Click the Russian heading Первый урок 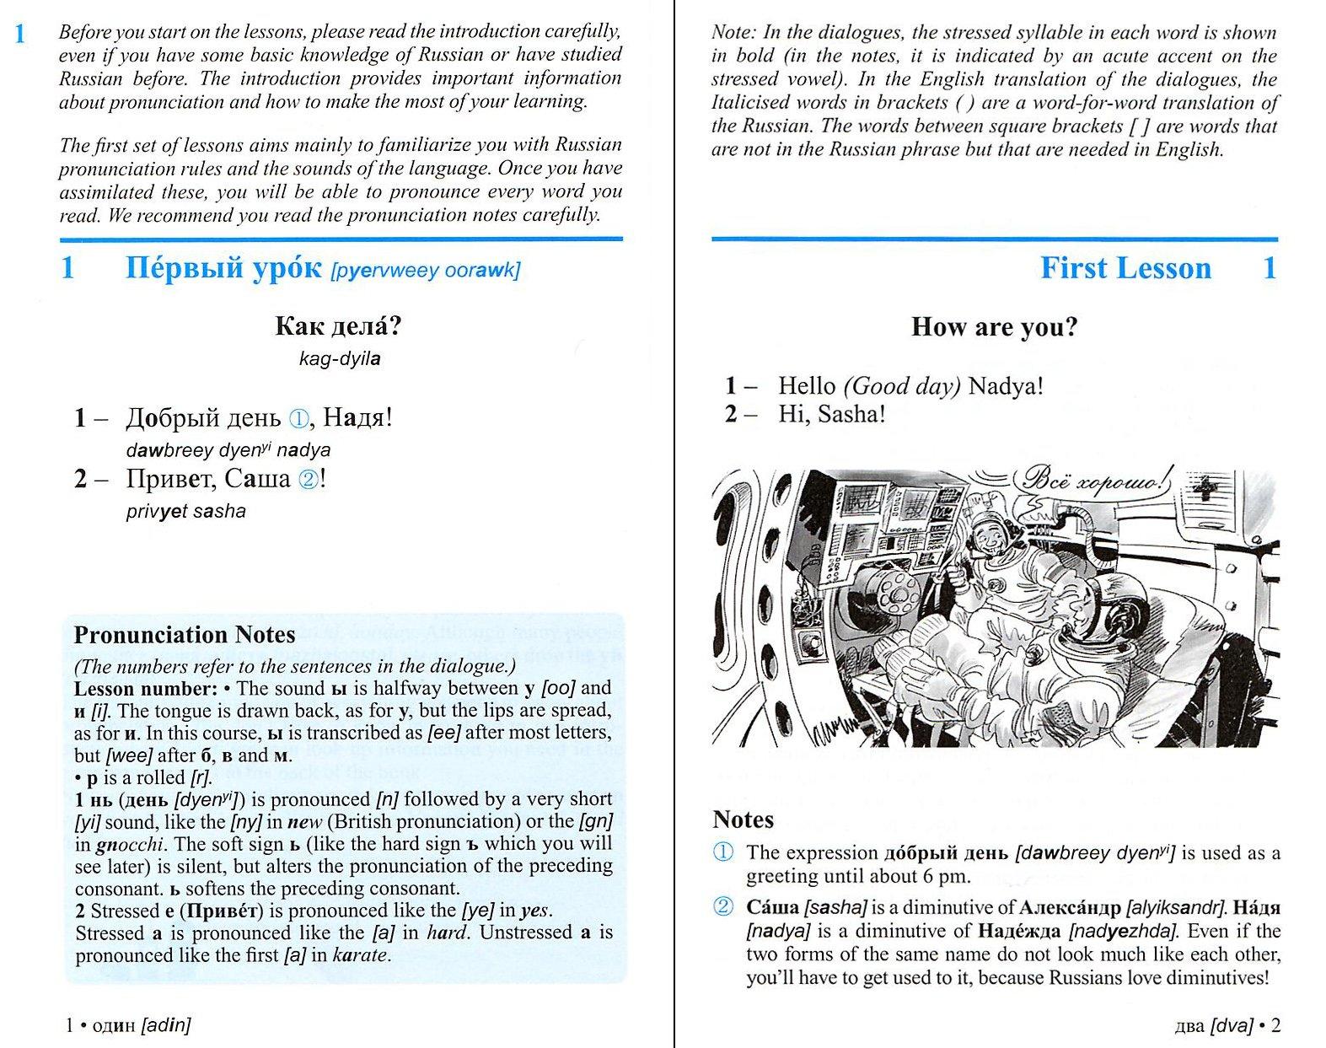[x=223, y=268]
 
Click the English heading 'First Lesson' [x=1125, y=268]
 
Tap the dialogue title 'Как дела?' [x=338, y=325]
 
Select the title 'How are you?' [x=994, y=327]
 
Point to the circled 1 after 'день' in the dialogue [x=299, y=418]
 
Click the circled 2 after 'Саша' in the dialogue [x=309, y=480]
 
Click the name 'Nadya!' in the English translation [x=1006, y=386]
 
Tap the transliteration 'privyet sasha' [x=185, y=511]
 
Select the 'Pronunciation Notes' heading [x=185, y=634]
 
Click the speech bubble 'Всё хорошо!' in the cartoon [x=1094, y=481]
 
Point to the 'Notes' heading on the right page [x=743, y=820]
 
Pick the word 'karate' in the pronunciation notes [x=360, y=955]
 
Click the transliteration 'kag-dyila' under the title [x=339, y=358]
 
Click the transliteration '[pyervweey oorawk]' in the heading [x=426, y=271]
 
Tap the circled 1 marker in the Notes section [x=723, y=852]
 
